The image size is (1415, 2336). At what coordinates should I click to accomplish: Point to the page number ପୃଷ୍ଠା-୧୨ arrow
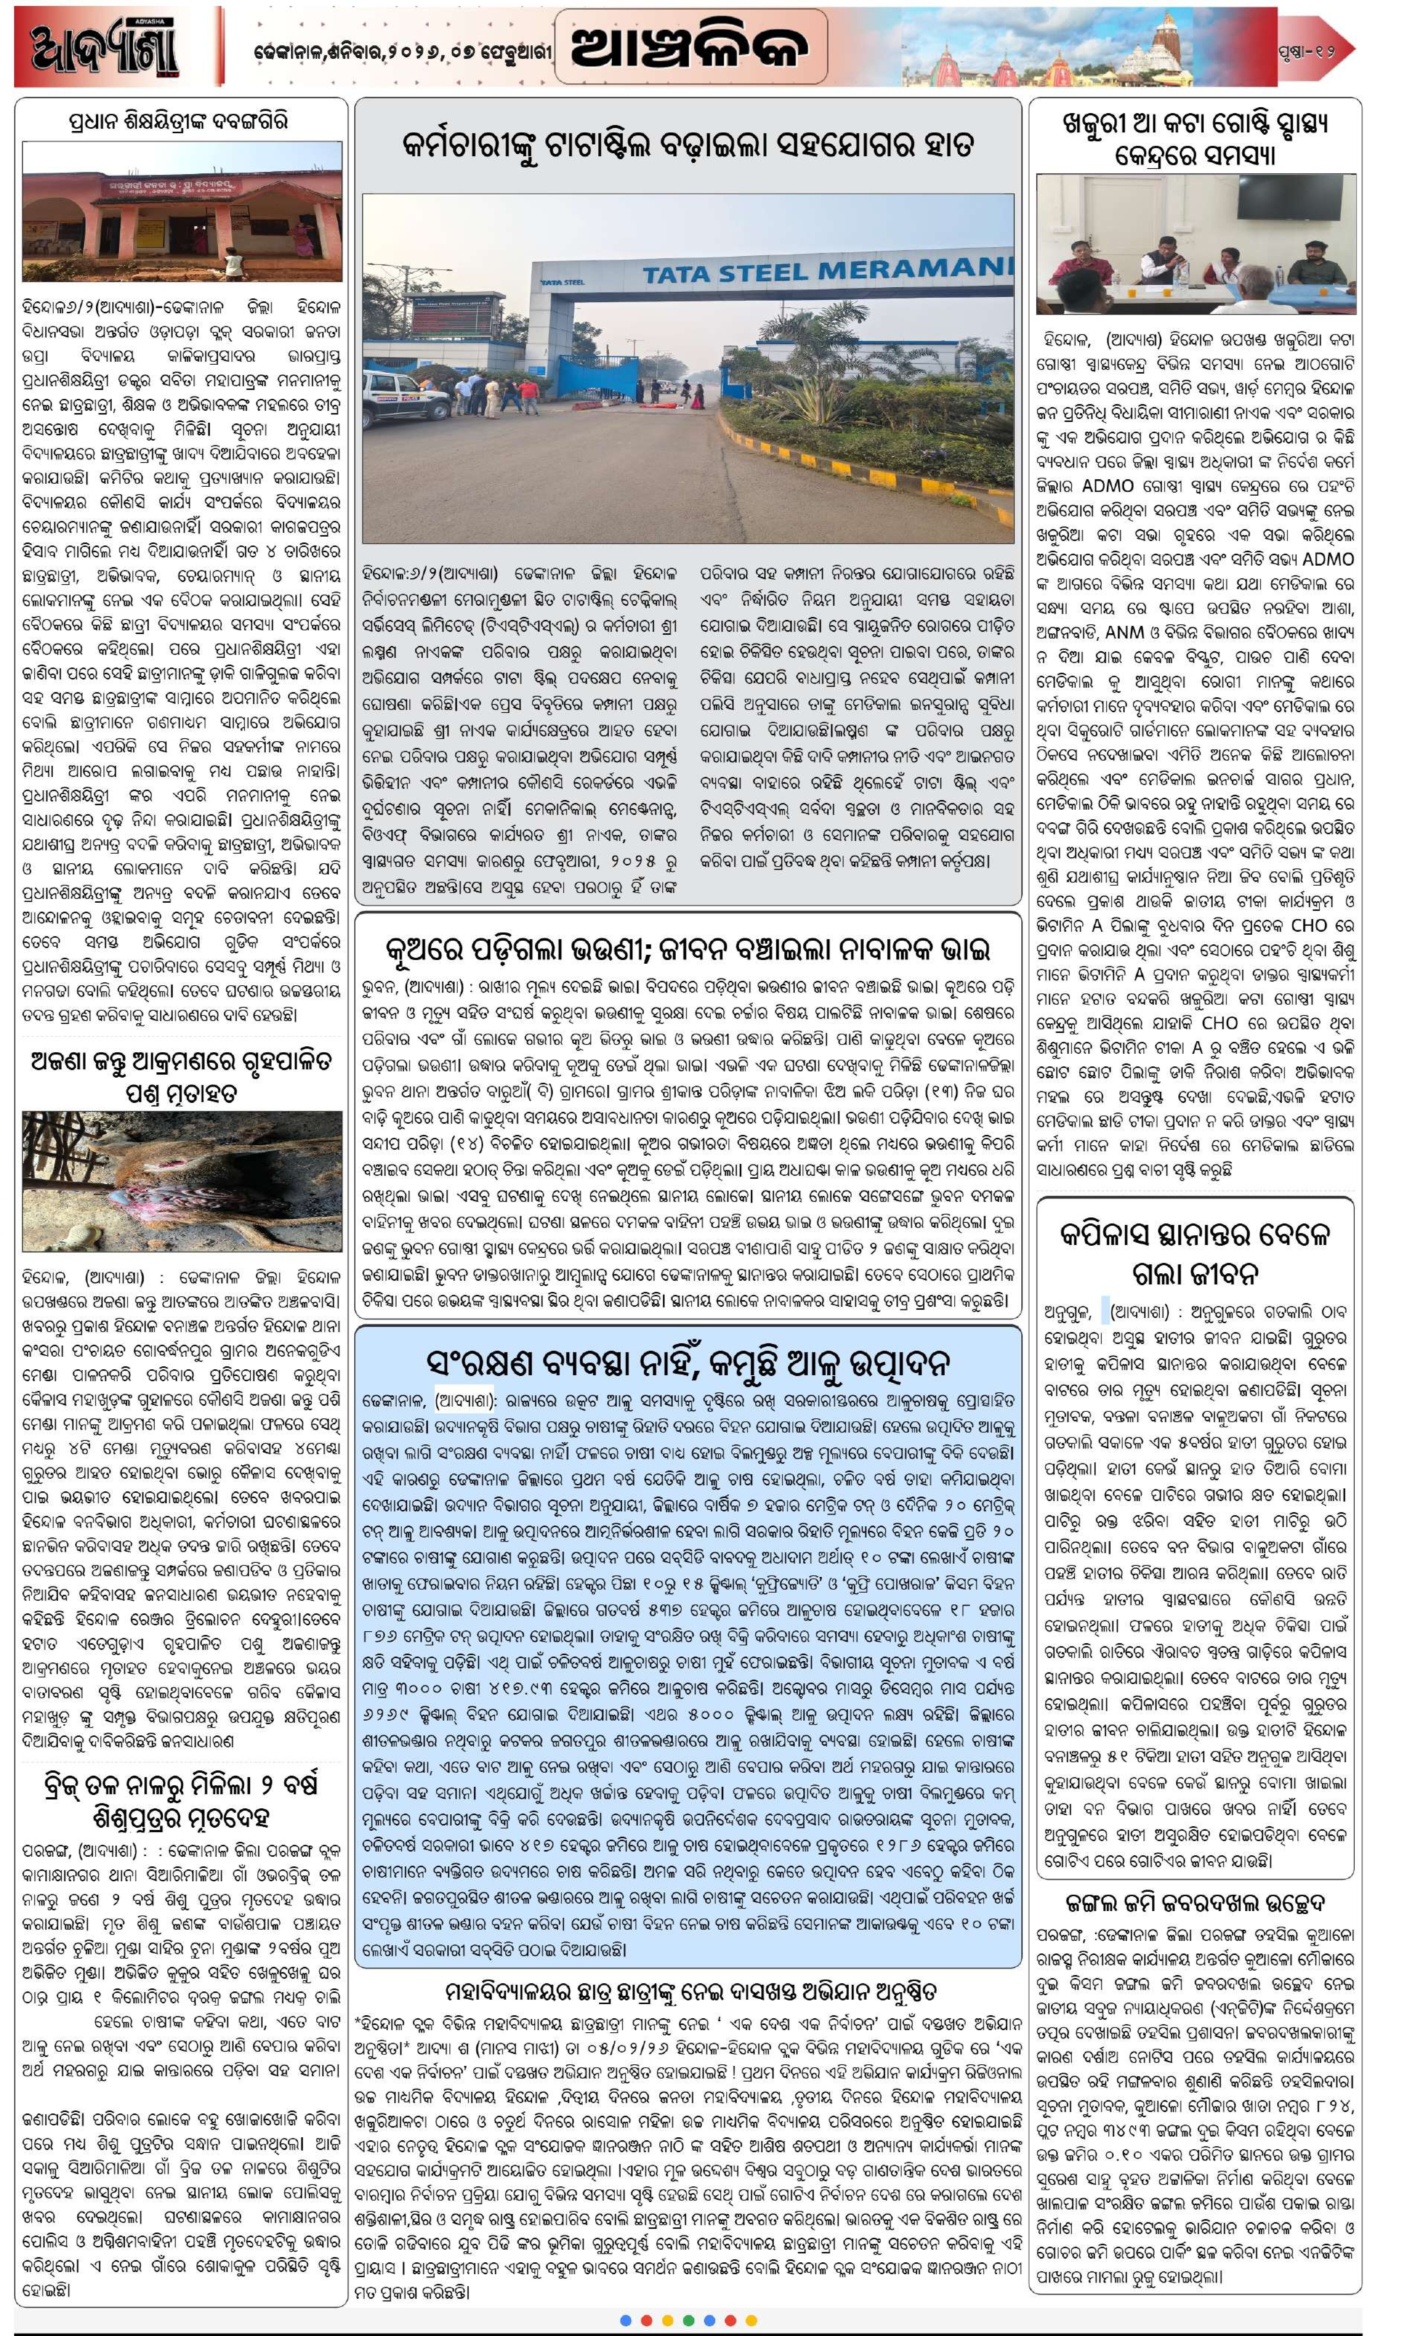point(1318,49)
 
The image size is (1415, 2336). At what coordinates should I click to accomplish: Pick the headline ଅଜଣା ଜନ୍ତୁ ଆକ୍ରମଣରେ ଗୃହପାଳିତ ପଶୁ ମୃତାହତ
point(182,1076)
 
